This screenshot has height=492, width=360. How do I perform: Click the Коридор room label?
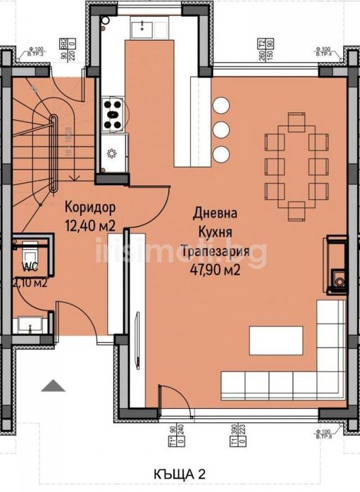click(x=89, y=208)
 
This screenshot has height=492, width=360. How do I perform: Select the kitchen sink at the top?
click(x=148, y=27)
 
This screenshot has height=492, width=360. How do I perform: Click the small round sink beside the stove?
click(x=111, y=153)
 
